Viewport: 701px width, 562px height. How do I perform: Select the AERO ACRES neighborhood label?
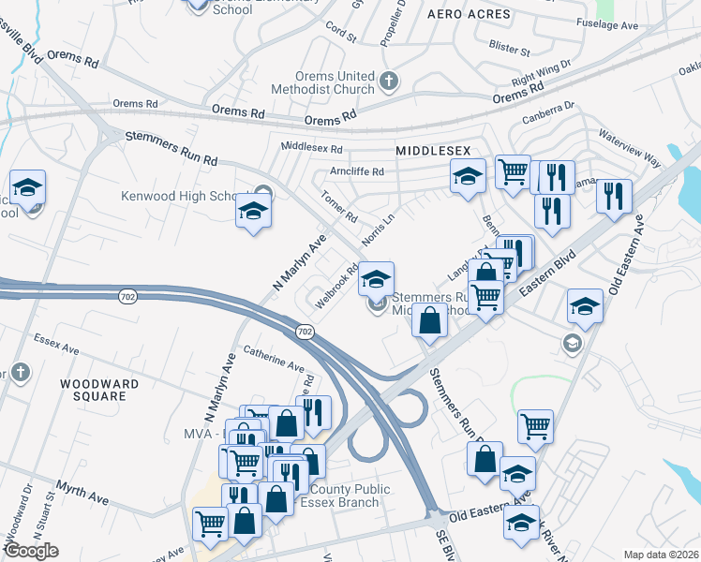(x=469, y=15)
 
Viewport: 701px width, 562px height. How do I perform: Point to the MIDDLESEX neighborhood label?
(x=433, y=151)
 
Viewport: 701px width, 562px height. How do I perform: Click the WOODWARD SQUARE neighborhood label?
(x=99, y=390)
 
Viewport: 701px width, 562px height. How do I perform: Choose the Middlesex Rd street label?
(x=312, y=148)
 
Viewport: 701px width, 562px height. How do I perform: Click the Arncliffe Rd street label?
(x=357, y=171)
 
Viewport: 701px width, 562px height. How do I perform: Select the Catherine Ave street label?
(x=274, y=359)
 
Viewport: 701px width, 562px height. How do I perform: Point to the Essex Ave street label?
(x=56, y=343)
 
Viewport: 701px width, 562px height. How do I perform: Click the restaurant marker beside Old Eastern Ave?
(x=613, y=196)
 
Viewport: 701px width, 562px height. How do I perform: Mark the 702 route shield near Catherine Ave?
(x=305, y=333)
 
